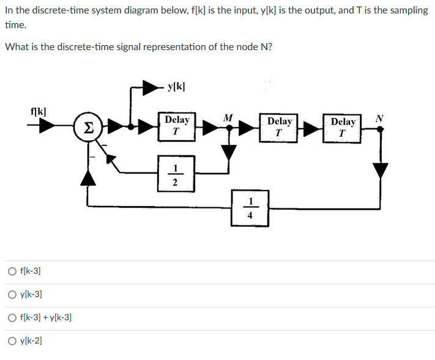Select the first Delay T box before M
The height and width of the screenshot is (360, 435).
tap(177, 126)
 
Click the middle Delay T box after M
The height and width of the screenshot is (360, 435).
tap(280, 127)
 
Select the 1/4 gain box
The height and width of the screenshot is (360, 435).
tap(250, 208)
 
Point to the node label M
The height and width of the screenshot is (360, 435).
tap(228, 117)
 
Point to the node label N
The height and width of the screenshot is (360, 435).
tap(380, 117)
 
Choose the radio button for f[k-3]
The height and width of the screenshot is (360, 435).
tap(12, 271)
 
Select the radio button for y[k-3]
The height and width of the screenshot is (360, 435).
tap(12, 294)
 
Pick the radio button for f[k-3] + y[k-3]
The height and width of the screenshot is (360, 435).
tap(12, 317)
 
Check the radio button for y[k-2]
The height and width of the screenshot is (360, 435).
tap(12, 340)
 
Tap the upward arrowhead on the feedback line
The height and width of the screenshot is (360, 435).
tap(89, 177)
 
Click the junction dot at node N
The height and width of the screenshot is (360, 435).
tap(380, 129)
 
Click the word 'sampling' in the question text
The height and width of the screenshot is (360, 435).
tap(409, 11)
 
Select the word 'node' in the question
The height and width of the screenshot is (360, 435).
tap(236, 47)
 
